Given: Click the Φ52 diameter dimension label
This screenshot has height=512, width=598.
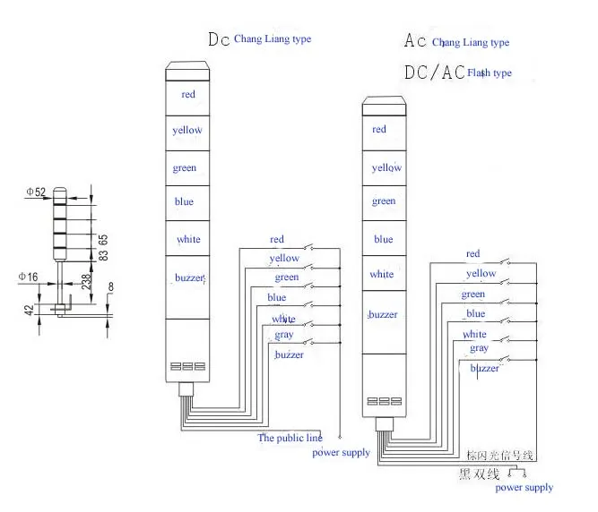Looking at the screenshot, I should (36, 192).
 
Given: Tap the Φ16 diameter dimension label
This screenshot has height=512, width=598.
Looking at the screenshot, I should (28, 277).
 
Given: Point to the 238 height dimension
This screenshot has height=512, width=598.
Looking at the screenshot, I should (85, 280).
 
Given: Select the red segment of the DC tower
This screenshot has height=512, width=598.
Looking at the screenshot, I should (188, 94).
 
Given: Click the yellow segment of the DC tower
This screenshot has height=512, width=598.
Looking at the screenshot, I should (187, 131).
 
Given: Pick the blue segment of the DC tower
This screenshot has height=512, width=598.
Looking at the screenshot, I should (184, 202).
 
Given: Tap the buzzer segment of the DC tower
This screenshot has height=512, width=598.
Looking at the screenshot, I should (189, 278).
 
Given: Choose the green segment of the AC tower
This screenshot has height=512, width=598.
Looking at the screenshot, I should (384, 201).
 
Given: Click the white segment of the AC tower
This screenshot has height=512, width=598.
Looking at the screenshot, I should (381, 275).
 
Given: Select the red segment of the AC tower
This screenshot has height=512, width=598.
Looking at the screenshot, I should (379, 130).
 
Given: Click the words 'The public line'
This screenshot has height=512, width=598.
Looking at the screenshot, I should (290, 439).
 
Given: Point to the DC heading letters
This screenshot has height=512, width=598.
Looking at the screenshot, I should (219, 39).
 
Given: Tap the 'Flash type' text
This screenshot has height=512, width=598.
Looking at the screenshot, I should (490, 73).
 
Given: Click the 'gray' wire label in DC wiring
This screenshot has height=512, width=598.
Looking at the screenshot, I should (284, 335).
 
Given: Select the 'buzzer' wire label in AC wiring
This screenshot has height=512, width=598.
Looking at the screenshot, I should (485, 368).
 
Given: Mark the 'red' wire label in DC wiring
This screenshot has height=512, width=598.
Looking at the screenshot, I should (277, 239).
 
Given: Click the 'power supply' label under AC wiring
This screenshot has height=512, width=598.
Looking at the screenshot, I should (524, 488).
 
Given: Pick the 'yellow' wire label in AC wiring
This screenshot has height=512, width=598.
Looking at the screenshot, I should (481, 274).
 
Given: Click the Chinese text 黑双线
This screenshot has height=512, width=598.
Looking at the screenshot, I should (479, 472).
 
